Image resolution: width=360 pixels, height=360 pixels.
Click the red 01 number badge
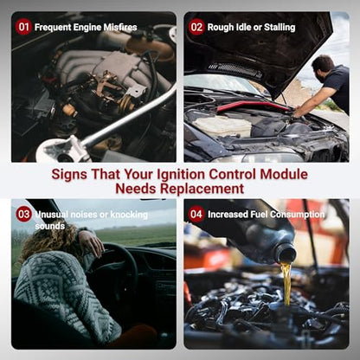[x=23, y=27]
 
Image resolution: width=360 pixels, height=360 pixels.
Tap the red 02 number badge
[x=196, y=27]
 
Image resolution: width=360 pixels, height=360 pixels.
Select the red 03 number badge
[x=23, y=214]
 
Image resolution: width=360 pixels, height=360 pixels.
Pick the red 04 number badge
[x=196, y=214]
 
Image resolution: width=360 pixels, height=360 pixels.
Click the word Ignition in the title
[x=181, y=174]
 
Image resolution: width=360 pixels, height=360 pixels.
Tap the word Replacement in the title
[x=202, y=189]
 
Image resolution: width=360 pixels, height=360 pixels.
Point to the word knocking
[x=129, y=215]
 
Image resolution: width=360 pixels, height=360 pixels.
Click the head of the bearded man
[x=323, y=68]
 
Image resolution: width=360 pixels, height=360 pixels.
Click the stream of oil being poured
[x=286, y=284]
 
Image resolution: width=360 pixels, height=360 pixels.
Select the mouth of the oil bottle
[x=285, y=253]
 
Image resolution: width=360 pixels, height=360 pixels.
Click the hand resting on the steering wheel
[x=91, y=241]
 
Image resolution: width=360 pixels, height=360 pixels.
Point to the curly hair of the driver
[x=48, y=241]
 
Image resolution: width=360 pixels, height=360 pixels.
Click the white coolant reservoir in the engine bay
[x=222, y=125]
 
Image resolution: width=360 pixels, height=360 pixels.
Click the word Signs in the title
[x=69, y=174]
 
